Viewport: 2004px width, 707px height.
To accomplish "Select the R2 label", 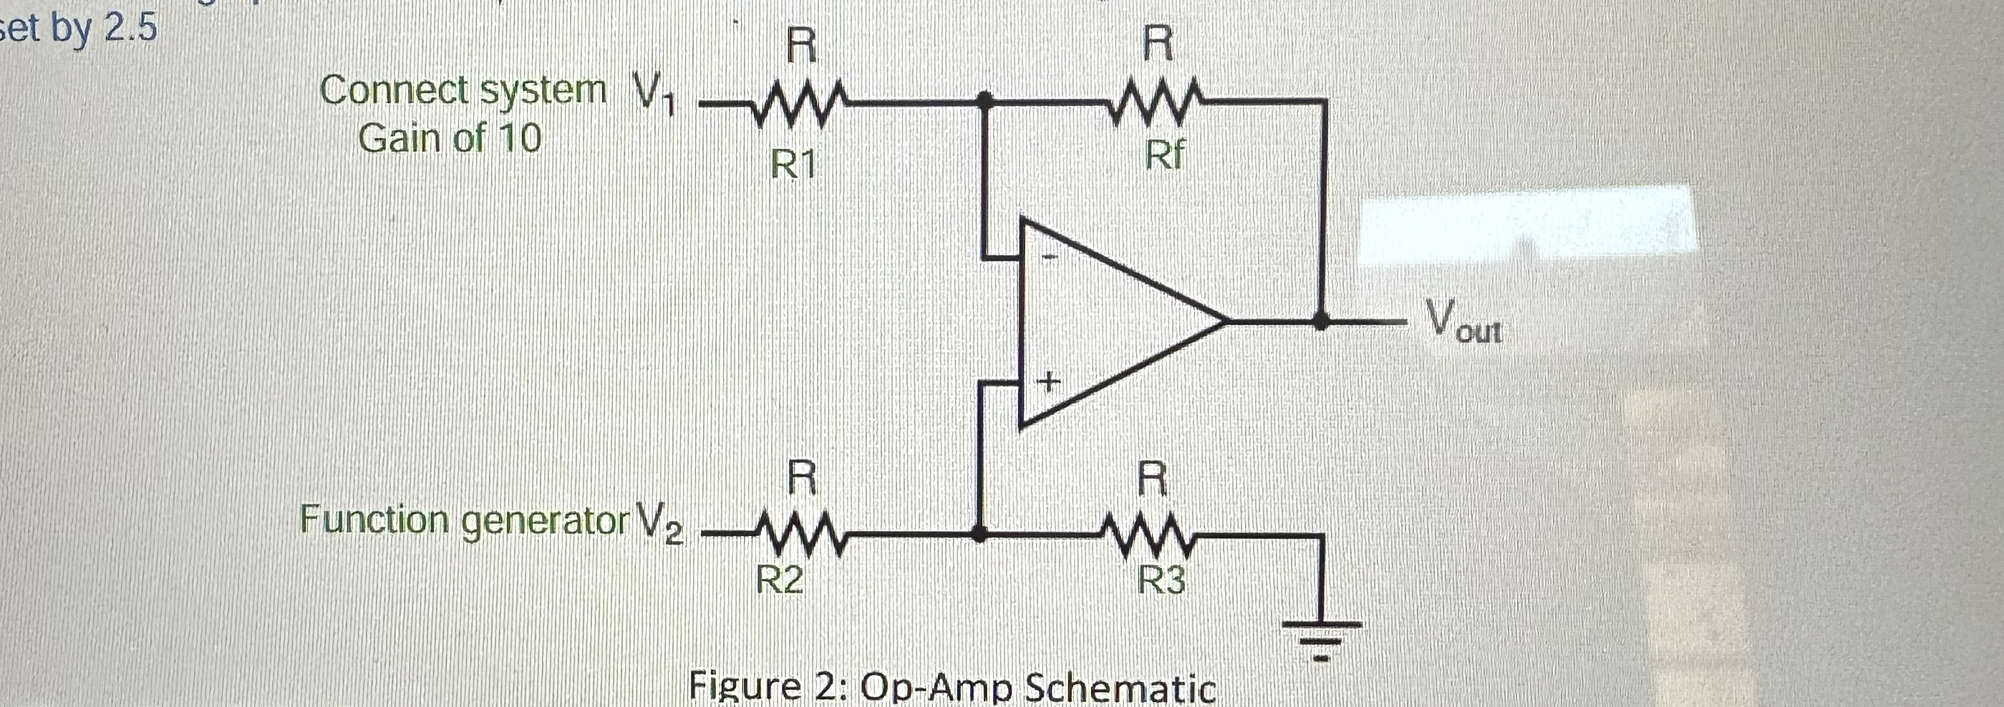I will click(780, 580).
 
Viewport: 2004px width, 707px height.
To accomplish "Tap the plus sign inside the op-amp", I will click(1049, 382).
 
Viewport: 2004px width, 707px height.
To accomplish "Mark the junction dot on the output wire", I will click(1320, 321).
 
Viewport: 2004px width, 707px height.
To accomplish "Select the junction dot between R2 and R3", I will click(980, 535).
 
